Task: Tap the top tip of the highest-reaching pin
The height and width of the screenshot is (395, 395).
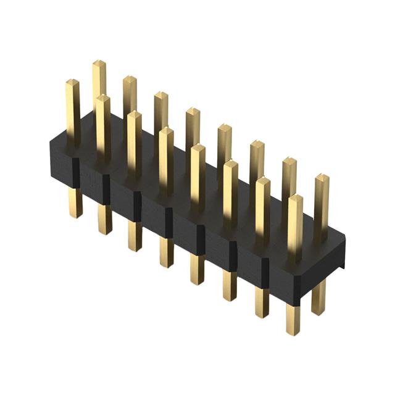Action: (x=99, y=62)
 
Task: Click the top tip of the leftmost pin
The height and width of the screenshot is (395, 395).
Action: (x=72, y=81)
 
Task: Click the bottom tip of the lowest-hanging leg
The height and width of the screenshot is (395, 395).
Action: (x=294, y=333)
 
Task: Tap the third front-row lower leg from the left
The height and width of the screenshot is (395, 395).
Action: (x=135, y=235)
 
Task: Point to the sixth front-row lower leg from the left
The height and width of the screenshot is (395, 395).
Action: (x=230, y=285)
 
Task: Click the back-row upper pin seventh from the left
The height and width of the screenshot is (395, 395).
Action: (x=289, y=179)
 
